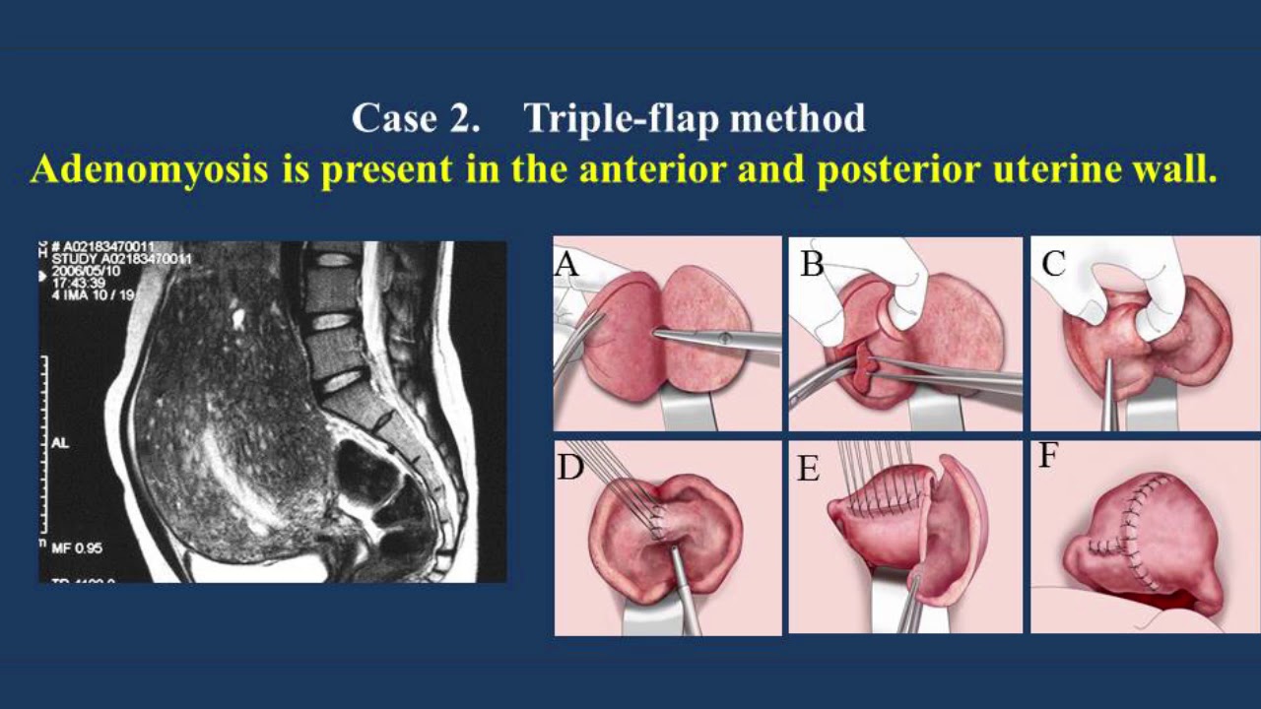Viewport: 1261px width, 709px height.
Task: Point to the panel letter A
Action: [565, 263]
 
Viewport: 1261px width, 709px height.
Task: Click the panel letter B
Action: [812, 264]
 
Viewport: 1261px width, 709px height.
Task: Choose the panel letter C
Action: [1053, 264]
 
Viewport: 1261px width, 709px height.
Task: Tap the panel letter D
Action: [569, 467]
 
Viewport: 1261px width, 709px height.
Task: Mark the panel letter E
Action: [808, 469]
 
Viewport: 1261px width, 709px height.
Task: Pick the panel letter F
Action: [1047, 458]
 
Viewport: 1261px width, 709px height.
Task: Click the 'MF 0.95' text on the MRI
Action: [77, 548]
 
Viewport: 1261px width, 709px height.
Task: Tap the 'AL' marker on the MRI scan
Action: [59, 443]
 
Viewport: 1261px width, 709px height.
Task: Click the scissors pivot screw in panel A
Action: [725, 338]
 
